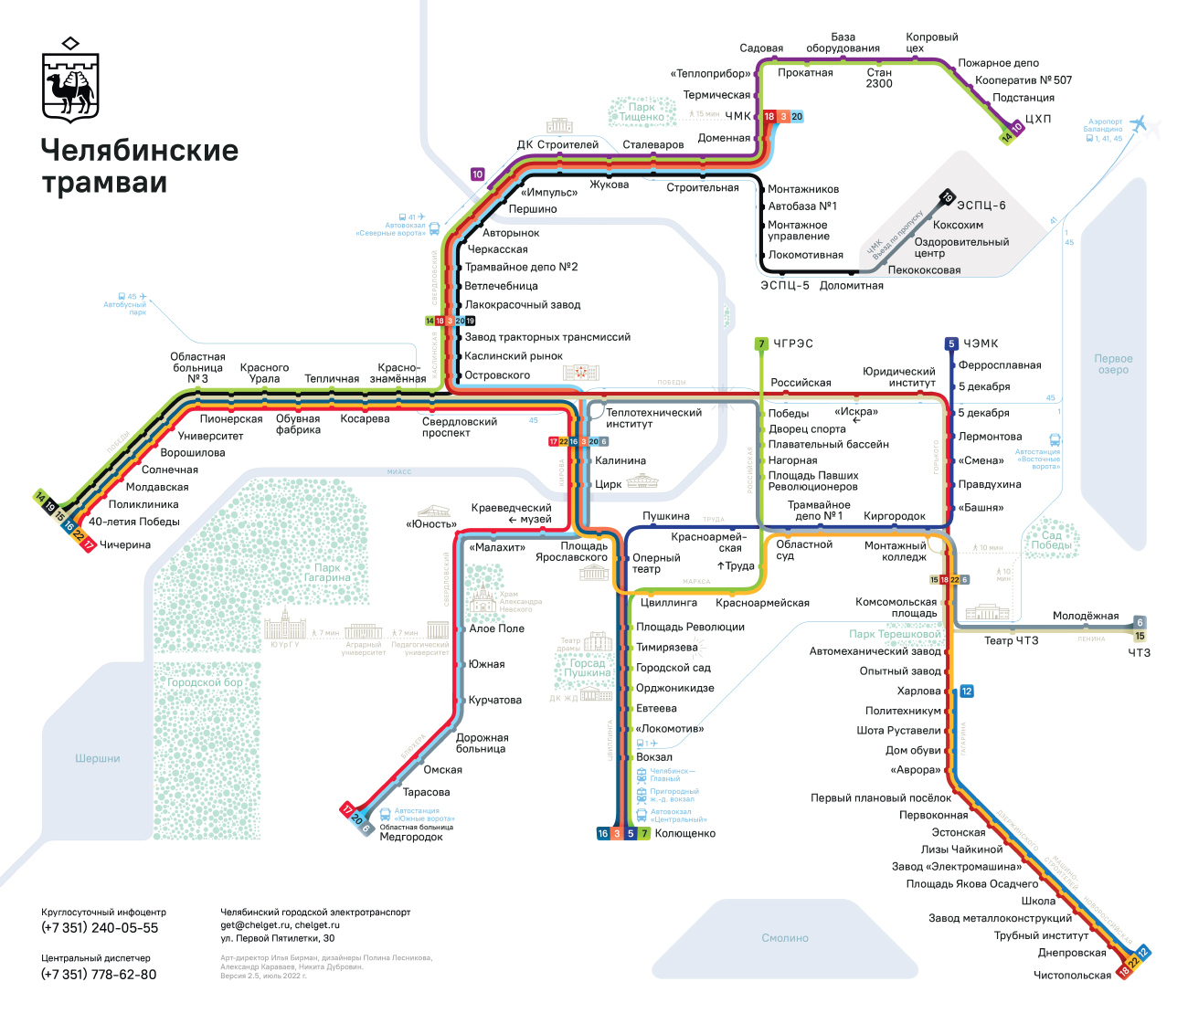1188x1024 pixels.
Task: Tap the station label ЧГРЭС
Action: [792, 343]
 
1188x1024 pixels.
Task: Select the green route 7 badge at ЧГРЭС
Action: [761, 344]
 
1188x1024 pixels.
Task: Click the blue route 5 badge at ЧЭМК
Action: [950, 344]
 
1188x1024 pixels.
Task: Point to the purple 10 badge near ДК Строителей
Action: [477, 174]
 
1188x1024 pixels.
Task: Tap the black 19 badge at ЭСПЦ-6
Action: [948, 197]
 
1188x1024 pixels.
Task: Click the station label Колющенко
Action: [684, 833]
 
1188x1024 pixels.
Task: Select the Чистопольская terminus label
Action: [1072, 975]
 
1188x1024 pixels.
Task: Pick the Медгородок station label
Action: [410, 837]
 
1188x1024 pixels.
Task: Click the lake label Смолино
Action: [785, 938]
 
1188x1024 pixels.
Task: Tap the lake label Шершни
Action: [98, 759]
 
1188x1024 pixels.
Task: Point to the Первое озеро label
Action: [1113, 364]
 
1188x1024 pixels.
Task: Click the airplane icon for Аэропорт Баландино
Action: [1138, 123]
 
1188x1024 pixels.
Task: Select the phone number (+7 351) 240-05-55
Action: [100, 928]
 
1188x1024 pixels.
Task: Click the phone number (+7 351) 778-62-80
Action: [99, 975]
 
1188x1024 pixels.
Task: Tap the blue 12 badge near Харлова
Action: [966, 691]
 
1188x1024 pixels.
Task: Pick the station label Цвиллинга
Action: [669, 603]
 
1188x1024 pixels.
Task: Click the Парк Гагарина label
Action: [327, 573]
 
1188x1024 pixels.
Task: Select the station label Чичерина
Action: [125, 545]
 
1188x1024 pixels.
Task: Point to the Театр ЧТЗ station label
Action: [1011, 640]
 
